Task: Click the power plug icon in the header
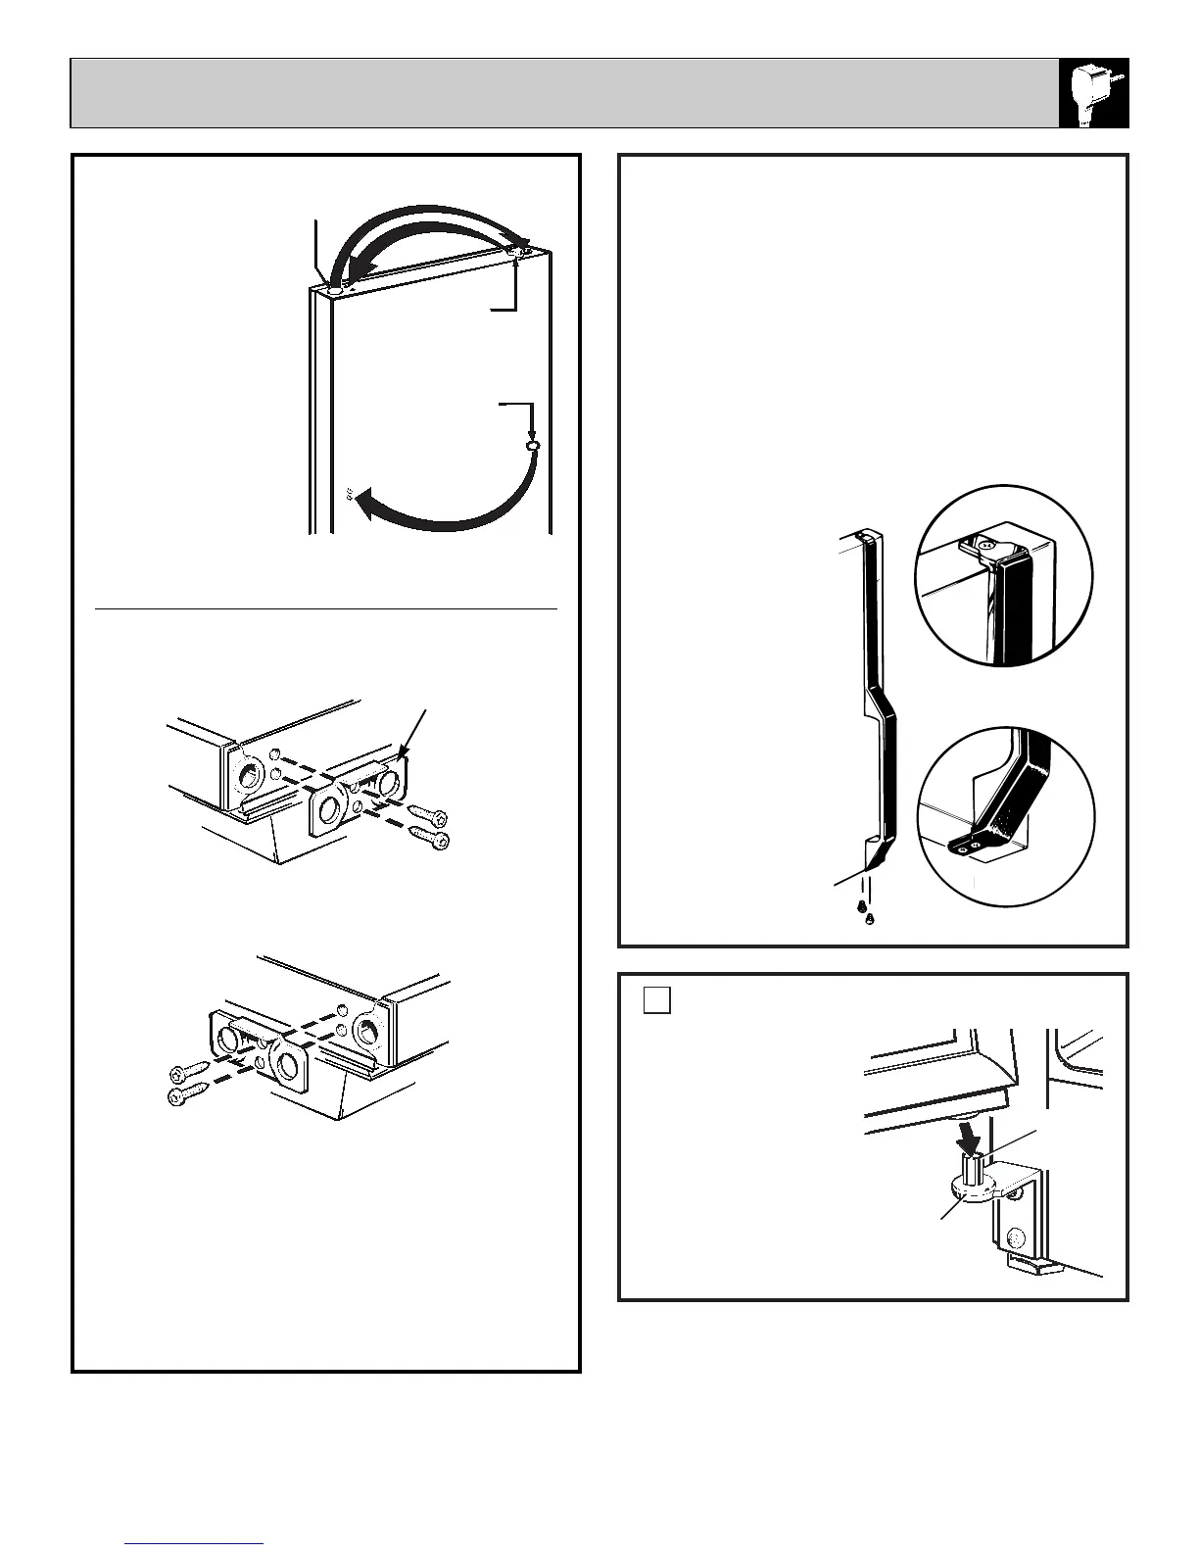[x=1094, y=92]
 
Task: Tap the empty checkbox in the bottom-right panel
[x=657, y=999]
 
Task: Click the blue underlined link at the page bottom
[x=195, y=1543]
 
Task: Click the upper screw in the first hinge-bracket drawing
[x=431, y=817]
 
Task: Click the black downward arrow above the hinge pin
[x=968, y=1137]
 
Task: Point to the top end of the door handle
[x=866, y=536]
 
